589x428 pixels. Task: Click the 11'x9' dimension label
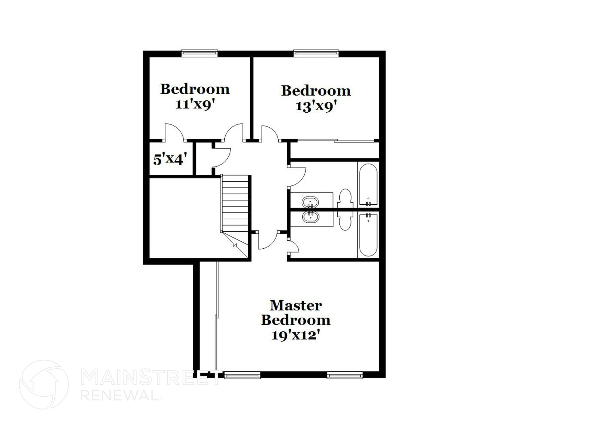[195, 104]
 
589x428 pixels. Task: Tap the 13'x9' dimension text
[316, 106]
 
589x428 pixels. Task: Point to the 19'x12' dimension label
[296, 335]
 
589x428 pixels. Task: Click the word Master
[296, 305]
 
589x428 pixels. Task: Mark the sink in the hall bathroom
[310, 202]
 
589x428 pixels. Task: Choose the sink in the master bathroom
[310, 217]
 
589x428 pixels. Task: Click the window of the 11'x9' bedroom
[199, 53]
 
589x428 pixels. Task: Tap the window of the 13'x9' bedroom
[316, 53]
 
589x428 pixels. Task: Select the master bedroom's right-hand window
[345, 375]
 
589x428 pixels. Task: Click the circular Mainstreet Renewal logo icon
[44, 384]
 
